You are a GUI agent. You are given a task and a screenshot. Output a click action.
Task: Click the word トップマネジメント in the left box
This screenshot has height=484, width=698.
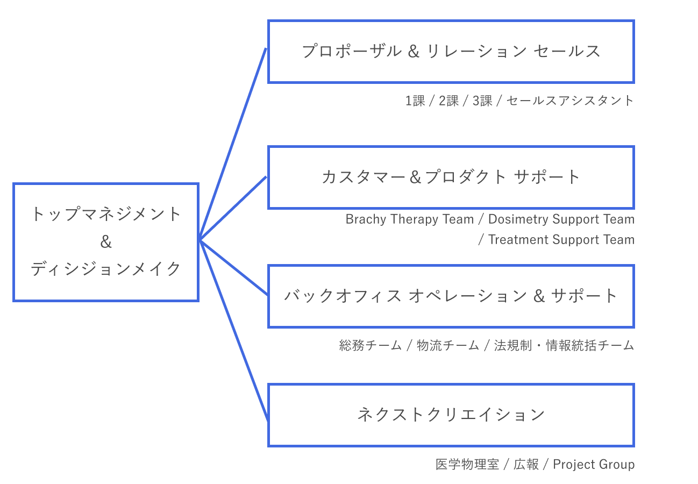tap(106, 215)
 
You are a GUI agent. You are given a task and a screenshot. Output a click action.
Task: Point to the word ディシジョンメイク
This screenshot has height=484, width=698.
tap(106, 269)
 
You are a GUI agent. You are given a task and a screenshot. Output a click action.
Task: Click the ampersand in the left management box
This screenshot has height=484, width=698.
tap(106, 242)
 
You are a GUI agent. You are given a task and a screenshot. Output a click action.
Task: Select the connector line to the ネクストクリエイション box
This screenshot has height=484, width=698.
tap(234, 330)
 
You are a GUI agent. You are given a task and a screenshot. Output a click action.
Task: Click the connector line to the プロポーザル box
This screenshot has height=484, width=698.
tap(233, 144)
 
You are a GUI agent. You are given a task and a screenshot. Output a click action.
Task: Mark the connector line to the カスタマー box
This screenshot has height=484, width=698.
tap(233, 209)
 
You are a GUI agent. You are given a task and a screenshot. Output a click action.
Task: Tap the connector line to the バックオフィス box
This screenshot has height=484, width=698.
tap(233, 267)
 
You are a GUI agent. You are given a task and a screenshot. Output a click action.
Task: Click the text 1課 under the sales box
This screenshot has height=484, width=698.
tap(415, 101)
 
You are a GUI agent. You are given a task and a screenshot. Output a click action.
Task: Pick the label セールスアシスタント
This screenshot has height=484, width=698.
tap(570, 101)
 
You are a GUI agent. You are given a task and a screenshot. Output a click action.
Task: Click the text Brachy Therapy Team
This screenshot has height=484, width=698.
tap(409, 219)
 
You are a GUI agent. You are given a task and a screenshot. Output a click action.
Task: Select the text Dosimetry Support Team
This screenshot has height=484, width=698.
tap(561, 219)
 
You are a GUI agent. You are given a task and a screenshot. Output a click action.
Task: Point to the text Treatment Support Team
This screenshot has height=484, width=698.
tap(561, 240)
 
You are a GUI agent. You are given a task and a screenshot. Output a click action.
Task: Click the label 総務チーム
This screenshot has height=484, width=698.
tap(370, 345)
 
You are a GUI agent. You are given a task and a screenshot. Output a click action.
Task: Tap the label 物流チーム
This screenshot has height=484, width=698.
tap(448, 345)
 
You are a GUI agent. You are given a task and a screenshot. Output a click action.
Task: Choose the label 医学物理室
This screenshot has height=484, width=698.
tap(467, 464)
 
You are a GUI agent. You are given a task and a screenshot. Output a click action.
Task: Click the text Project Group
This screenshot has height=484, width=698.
tap(594, 464)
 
